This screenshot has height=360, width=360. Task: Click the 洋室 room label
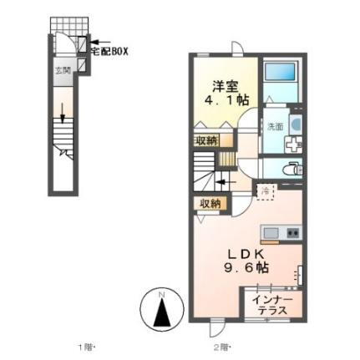(221, 85)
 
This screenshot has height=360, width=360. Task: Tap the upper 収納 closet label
(207, 140)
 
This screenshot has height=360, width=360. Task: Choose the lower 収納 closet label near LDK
(210, 203)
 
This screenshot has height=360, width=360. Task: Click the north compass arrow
(164, 312)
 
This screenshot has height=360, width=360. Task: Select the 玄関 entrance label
(63, 71)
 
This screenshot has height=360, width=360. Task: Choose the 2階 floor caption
(220, 346)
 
